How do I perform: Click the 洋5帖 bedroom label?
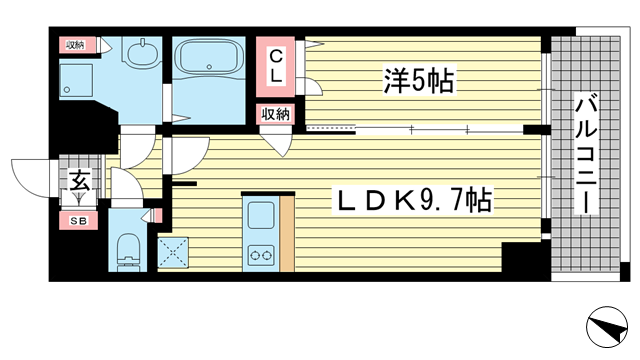point(418,80)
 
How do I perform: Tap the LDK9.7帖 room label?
point(414,200)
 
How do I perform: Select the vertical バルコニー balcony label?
point(586,154)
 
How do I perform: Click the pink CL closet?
point(276,67)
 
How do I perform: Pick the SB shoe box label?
point(79,221)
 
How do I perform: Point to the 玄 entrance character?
point(79,180)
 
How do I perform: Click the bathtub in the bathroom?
point(209,57)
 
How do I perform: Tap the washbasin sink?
point(142,52)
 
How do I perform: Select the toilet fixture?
point(128,252)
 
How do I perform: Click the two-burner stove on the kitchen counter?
point(261,256)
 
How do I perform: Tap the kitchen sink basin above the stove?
point(261,215)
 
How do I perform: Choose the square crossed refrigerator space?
point(173,253)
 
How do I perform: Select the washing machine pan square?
point(76,80)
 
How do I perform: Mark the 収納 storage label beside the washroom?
point(76,45)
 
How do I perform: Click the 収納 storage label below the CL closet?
point(276,114)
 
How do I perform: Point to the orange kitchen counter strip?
point(287,233)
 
